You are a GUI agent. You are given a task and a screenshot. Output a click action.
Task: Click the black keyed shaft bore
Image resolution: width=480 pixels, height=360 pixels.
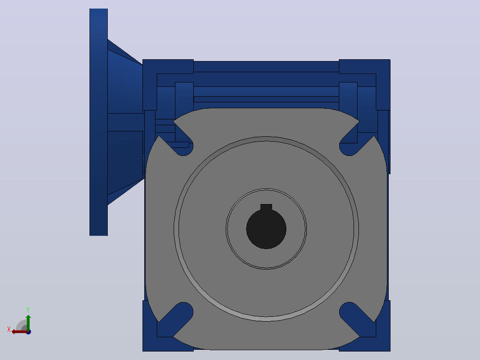point(266,229)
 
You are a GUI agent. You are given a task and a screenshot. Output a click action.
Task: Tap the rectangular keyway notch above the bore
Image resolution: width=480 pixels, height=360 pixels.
point(266,207)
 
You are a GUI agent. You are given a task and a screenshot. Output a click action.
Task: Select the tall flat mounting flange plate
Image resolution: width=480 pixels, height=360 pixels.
point(98,122)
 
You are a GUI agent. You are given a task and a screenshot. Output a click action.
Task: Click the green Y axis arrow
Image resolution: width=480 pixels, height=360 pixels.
point(28,322)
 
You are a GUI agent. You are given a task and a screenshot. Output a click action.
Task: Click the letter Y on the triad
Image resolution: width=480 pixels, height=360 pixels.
point(28,310)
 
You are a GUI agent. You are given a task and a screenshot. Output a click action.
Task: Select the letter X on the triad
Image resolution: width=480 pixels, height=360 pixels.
point(8,329)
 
